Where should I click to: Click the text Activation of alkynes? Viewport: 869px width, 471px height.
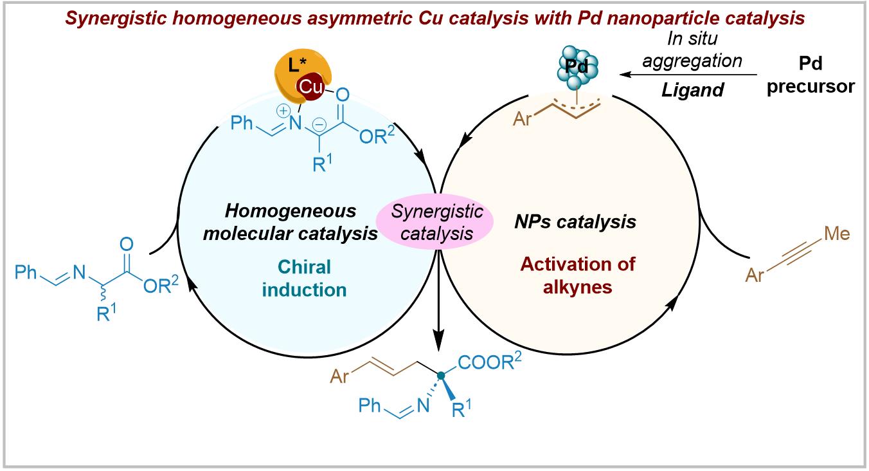tap(572, 274)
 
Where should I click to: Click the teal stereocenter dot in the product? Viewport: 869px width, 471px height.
tap(441, 374)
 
